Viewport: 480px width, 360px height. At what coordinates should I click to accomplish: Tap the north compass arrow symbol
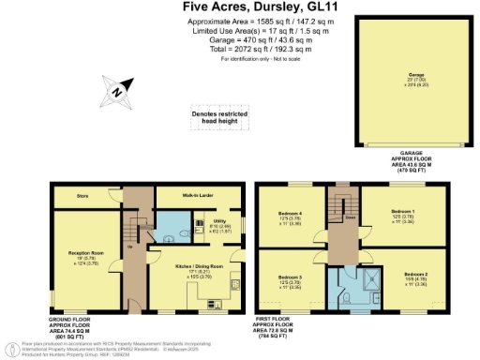(x=112, y=92)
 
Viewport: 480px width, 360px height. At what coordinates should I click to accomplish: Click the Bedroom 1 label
(x=402, y=214)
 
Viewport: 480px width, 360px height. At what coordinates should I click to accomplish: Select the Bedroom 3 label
(x=290, y=277)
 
